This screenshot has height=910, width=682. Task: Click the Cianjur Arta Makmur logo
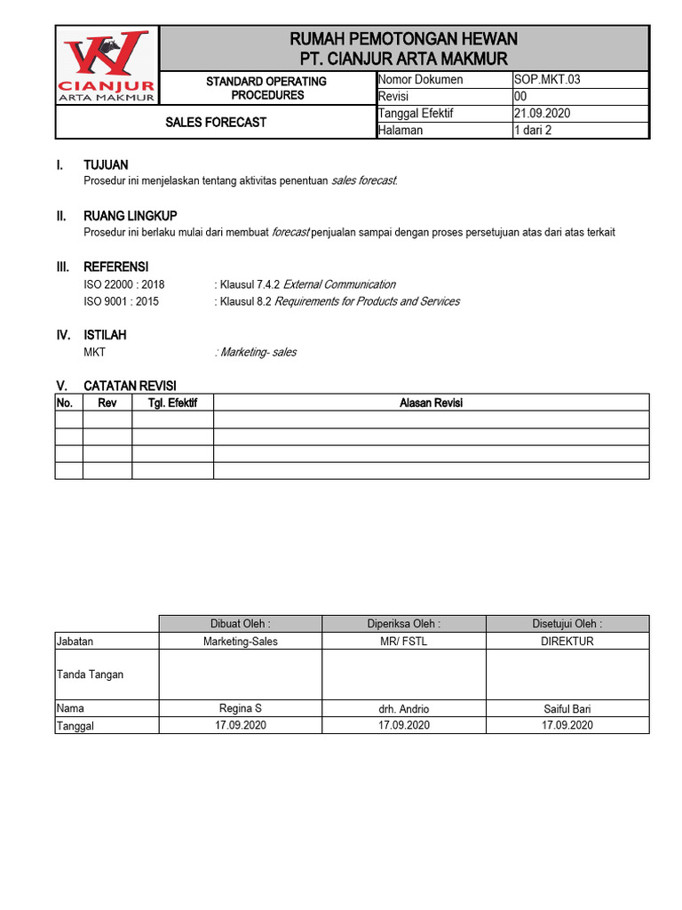point(107,67)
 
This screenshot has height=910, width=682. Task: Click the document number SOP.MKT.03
point(547,79)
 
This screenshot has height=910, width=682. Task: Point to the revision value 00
point(521,96)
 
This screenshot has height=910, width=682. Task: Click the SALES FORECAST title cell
point(215,122)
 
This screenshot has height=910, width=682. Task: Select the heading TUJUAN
point(106,164)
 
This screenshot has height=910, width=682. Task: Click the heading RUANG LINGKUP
point(130,216)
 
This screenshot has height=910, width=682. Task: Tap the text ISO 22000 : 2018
point(123,284)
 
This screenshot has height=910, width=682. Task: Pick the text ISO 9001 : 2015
point(122,301)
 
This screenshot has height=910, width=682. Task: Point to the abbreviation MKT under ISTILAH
point(94,352)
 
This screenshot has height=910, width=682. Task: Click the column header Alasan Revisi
point(431,403)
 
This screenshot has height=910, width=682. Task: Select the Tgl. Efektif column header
point(172,403)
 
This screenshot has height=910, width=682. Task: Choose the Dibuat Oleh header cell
point(241,624)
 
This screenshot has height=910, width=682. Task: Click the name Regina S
point(241,708)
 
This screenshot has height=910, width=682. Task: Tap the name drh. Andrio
point(403,709)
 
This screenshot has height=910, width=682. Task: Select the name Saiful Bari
point(567,709)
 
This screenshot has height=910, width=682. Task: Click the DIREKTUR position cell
point(567,641)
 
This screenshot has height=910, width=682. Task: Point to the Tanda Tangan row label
point(90,675)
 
